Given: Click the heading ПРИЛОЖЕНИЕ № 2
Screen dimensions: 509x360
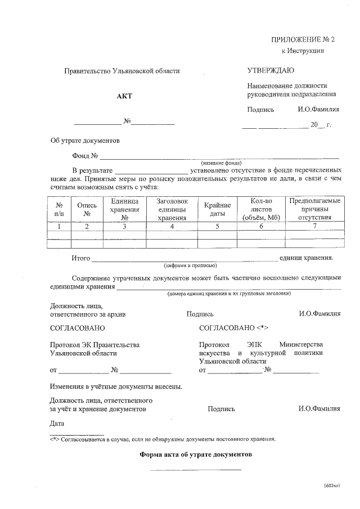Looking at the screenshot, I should (303, 39).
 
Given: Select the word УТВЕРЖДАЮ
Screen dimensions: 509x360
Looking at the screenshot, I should (271, 70).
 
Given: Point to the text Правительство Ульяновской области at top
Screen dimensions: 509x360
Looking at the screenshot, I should (122, 71).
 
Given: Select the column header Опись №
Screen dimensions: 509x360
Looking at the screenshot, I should (87, 209).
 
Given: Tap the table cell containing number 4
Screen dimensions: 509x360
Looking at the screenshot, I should (172, 227).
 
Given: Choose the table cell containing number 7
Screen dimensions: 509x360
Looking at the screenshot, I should (314, 226).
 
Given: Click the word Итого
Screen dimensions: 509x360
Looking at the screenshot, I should (81, 258).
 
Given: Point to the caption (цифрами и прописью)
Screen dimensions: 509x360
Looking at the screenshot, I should (190, 265).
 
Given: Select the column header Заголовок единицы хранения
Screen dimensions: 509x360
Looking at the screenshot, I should (172, 209).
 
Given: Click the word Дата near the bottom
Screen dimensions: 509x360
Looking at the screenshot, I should (57, 423).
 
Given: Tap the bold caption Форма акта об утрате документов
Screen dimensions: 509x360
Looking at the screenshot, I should (195, 453).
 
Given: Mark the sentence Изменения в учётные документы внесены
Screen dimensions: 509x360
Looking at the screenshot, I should (115, 387).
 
